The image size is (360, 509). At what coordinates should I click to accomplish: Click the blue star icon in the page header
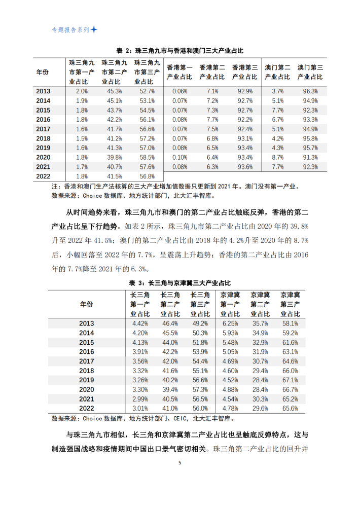[x=94, y=30]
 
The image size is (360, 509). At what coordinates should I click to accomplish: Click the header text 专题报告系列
[x=70, y=30]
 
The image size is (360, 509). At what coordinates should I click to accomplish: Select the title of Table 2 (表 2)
[x=180, y=51]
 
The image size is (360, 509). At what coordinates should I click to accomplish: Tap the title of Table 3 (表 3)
[x=179, y=283]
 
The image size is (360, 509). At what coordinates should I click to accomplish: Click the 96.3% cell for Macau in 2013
[x=310, y=91]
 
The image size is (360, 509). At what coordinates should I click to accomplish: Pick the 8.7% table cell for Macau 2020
[x=277, y=158]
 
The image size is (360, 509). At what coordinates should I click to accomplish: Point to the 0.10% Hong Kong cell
[x=179, y=158]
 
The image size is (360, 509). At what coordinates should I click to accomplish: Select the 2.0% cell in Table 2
[x=82, y=91]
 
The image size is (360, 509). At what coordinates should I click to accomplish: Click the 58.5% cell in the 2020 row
[x=147, y=158]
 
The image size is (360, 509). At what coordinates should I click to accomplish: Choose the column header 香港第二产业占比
[x=212, y=72]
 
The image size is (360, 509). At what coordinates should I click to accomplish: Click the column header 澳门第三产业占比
[x=310, y=72]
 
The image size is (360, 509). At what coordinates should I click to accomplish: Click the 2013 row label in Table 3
[x=87, y=323]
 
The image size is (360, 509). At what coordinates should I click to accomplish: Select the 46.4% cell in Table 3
[x=170, y=323]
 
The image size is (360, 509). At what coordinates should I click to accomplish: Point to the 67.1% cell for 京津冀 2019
[x=290, y=380]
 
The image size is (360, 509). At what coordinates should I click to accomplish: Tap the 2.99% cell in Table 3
[x=140, y=399]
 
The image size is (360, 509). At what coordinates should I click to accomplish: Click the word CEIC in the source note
[x=180, y=419]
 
